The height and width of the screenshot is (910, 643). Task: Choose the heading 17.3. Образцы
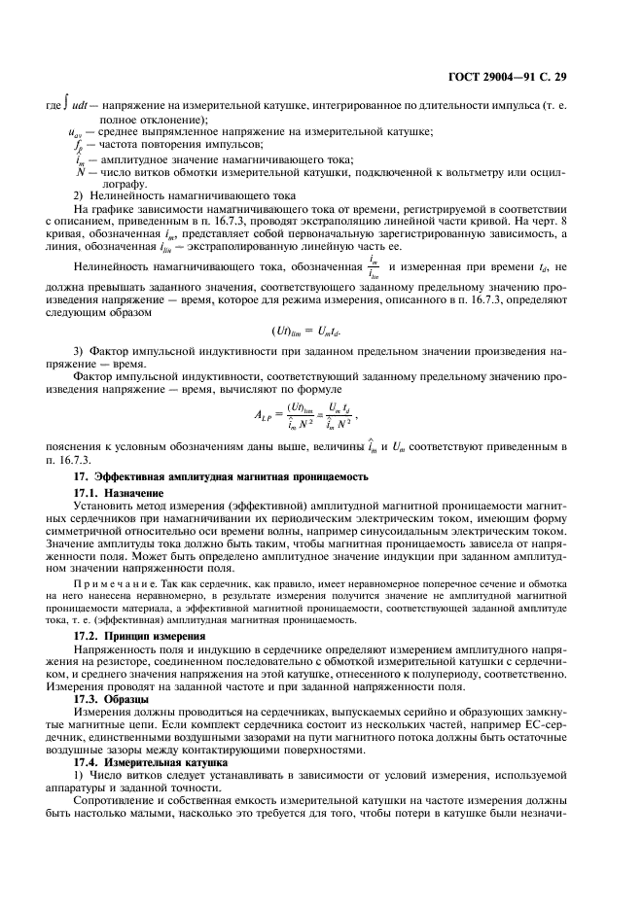click(x=112, y=698)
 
